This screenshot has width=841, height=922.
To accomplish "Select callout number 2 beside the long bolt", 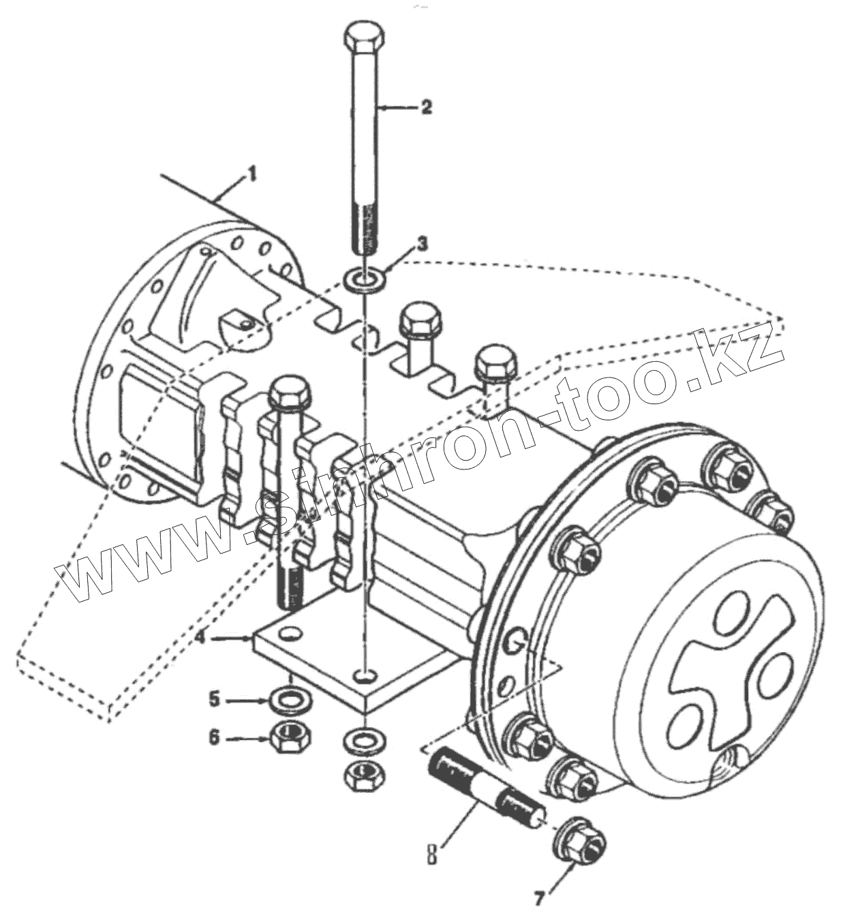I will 426,107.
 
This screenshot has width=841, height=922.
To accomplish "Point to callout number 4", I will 199,638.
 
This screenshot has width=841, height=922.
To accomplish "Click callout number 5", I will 215,698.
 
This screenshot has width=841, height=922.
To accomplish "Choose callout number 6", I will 215,737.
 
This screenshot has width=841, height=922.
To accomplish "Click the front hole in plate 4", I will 366,675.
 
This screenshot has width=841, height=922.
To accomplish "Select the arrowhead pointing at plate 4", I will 247,639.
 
